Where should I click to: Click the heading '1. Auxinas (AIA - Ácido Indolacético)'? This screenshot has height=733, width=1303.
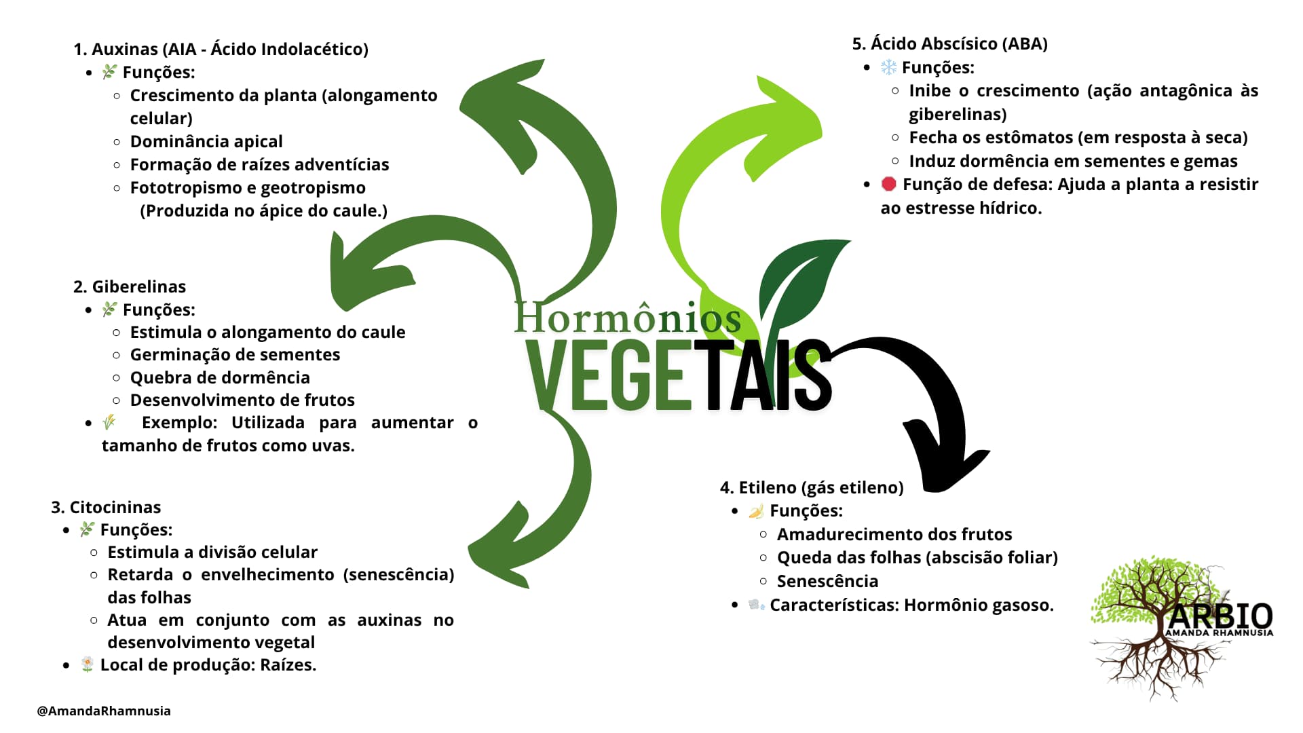221,49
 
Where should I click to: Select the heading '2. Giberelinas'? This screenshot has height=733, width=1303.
129,286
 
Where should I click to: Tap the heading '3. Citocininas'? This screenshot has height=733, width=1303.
106,507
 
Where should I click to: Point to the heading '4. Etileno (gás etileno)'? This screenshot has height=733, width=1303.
812,487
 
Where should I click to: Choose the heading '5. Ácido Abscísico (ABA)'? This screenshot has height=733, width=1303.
949,43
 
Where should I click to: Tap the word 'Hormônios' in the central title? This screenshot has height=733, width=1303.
627,318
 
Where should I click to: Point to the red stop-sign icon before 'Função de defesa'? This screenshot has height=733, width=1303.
888,184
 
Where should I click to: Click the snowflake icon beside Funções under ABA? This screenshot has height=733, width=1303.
888,67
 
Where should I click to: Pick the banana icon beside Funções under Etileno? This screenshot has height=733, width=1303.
756,511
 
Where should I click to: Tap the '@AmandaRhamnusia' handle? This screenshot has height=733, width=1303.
104,711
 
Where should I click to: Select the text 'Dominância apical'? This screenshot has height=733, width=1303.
206,141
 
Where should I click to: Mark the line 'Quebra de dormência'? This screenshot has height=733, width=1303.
220,377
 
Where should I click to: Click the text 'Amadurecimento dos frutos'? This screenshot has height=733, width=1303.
894,534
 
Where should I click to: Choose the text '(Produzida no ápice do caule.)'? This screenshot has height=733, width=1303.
263,210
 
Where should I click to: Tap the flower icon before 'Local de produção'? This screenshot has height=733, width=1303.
87,664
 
